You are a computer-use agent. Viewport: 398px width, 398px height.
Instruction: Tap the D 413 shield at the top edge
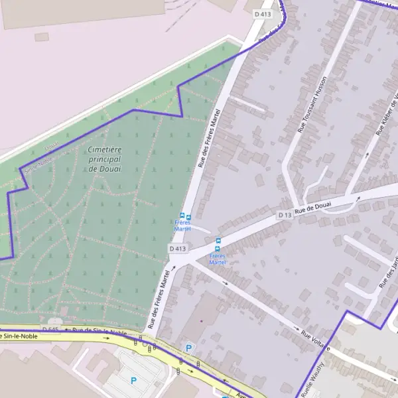(263, 13)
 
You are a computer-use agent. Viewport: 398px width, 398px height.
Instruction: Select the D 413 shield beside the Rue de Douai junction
(178, 248)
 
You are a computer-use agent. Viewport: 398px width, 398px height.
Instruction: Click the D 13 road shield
(284, 215)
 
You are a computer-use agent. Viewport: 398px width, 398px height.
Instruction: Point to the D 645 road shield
(51, 329)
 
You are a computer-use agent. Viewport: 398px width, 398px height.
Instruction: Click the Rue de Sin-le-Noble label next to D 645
(99, 331)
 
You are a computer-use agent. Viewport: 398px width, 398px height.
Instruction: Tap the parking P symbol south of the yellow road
(133, 381)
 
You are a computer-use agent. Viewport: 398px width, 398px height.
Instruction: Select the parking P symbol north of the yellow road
(189, 348)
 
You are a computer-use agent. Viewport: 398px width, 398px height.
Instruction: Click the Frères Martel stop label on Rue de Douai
(218, 259)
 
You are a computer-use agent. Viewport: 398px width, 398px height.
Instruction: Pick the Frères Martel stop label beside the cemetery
(182, 226)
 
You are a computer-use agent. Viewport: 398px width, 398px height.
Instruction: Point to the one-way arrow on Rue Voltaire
(226, 283)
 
